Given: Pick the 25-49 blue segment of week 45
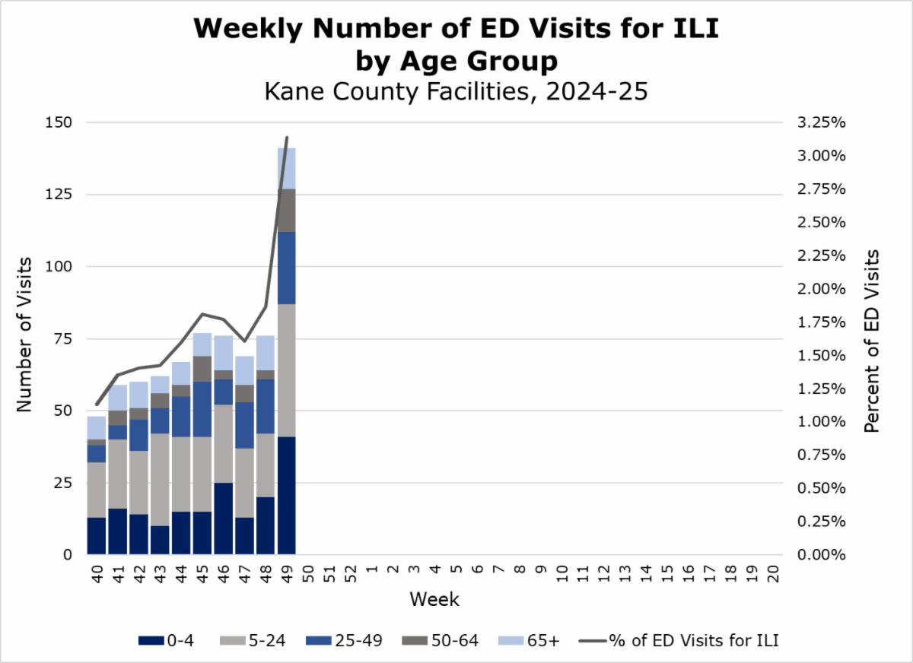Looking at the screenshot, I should click(202, 409).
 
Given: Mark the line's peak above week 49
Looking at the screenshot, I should click(287, 138).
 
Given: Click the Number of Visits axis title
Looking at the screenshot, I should click(25, 335).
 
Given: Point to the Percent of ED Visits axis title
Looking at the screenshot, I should click(872, 341).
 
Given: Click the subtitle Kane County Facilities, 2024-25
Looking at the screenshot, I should click(456, 93).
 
